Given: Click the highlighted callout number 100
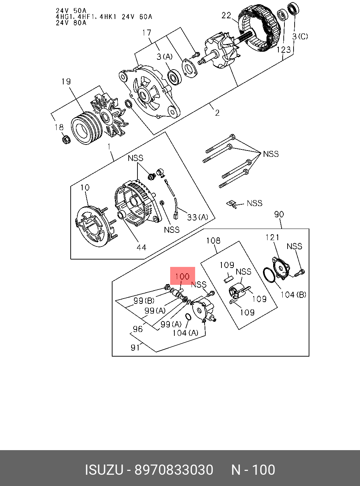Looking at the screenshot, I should [182, 276].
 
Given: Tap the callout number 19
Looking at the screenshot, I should [66, 82].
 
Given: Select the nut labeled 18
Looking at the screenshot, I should [66, 140].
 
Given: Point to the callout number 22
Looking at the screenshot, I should [226, 15].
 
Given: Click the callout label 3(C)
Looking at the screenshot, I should [300, 36].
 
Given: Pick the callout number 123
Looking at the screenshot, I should [283, 50].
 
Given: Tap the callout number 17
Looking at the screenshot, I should [147, 33].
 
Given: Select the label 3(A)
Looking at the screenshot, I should [165, 57].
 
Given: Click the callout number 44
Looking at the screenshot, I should [141, 248].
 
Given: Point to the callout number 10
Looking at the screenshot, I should [85, 188].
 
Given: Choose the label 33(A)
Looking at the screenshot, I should [198, 217].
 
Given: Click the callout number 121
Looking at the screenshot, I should [272, 238].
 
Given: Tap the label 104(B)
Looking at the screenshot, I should [293, 295].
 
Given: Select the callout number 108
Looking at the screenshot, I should [213, 241].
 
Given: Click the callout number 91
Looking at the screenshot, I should [135, 347].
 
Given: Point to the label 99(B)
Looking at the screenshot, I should [144, 301].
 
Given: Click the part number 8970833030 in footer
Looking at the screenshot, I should [174, 470].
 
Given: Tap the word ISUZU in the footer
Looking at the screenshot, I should [104, 470].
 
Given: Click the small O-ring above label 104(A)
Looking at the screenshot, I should [188, 316].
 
